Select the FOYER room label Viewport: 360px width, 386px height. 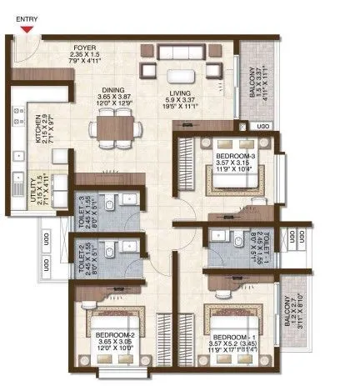coord(82,48)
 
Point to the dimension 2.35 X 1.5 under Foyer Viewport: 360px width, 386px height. coord(82,56)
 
